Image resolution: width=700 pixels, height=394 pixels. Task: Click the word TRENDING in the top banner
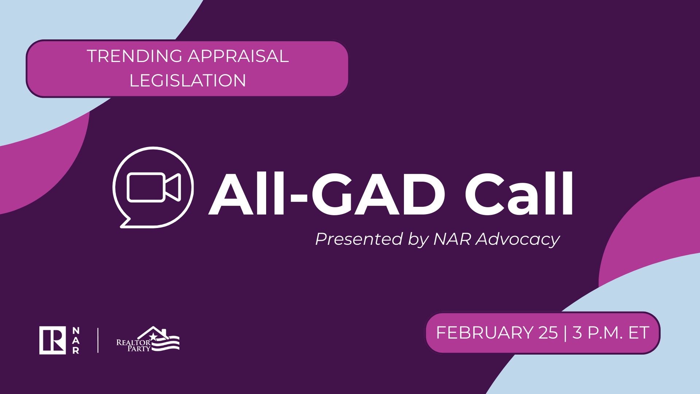click(135, 56)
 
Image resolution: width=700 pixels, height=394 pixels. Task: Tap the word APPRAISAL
click(238, 56)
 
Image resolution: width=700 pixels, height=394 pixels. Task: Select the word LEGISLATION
click(188, 81)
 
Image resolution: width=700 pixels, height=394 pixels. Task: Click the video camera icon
click(153, 187)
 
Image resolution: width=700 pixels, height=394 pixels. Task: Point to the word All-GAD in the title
click(327, 194)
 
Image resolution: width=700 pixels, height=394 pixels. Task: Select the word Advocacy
click(518, 240)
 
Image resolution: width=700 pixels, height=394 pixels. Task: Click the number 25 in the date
click(548, 333)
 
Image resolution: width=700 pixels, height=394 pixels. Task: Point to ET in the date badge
click(639, 333)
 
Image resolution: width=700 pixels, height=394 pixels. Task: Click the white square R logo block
click(52, 340)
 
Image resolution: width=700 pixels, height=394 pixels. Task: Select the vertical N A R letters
click(76, 340)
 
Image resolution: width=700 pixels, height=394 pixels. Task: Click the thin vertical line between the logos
click(98, 340)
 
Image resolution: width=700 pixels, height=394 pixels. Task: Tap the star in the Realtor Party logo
click(153, 336)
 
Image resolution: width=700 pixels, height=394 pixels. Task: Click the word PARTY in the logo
click(139, 349)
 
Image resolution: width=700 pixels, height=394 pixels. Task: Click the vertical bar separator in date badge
click(565, 333)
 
